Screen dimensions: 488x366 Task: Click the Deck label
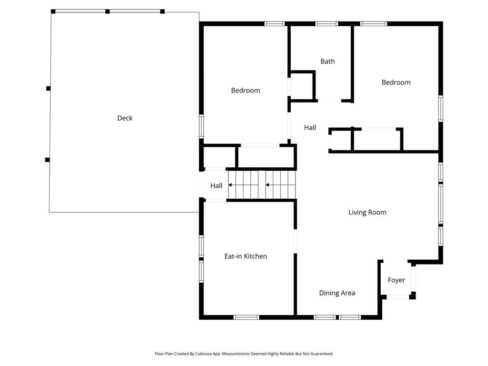pos(125,118)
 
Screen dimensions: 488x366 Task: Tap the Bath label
pos(328,61)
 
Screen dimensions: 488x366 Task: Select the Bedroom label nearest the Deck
pos(245,90)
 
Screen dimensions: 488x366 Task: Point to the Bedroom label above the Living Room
pos(396,82)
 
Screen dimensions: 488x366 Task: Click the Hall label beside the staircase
pos(216,186)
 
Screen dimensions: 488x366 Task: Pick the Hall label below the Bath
pos(310,127)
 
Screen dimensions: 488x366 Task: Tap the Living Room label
pos(367,212)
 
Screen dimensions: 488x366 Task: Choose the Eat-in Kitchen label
pos(245,256)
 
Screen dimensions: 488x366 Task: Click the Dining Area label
pos(337,293)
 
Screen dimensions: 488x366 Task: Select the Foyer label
pos(396,280)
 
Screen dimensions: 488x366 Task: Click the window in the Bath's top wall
pos(326,24)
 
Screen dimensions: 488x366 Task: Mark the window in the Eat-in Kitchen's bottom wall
pos(246,317)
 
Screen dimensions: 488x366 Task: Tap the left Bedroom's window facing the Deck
pos(202,126)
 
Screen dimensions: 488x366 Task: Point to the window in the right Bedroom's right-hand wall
pos(441,108)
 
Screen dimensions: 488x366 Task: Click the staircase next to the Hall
pos(262,185)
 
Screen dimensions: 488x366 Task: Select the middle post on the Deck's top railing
pos(107,11)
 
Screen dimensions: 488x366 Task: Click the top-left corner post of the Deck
pos(53,11)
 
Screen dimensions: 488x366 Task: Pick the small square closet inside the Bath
pos(302,86)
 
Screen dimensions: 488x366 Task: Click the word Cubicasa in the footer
pos(204,354)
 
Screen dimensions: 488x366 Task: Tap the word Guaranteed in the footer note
pos(323,354)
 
